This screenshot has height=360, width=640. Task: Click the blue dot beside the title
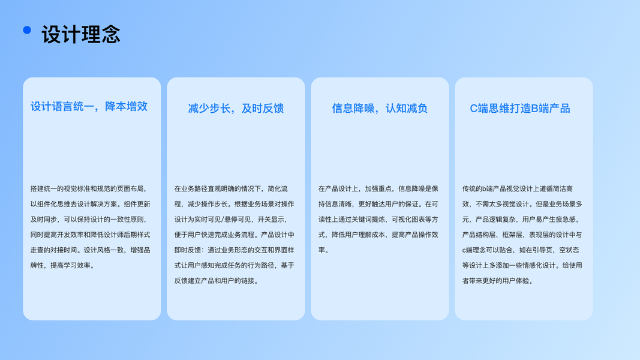[x=27, y=30]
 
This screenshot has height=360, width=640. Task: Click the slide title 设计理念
[x=81, y=34]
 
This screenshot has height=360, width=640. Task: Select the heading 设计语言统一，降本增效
[x=89, y=107]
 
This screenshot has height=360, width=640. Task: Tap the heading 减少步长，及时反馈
[x=236, y=108]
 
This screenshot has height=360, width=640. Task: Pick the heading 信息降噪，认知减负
[x=380, y=108]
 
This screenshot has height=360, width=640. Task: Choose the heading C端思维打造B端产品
[x=519, y=108]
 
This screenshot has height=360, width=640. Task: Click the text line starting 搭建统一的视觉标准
[x=88, y=188]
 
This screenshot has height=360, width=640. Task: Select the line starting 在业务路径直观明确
[x=231, y=188]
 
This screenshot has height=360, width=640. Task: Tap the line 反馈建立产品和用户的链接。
[x=217, y=281]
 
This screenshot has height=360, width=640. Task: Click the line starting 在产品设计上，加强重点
[x=378, y=188]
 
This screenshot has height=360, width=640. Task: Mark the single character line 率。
[x=324, y=250]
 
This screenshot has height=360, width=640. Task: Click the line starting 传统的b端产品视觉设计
[x=518, y=188]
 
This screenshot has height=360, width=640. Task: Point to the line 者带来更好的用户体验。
[x=498, y=281]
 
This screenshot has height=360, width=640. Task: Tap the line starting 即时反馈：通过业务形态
[x=235, y=250]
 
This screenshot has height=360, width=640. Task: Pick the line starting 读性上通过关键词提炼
[x=378, y=220]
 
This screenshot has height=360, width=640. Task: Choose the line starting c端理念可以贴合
[x=521, y=250]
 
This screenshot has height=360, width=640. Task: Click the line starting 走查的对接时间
[x=90, y=250]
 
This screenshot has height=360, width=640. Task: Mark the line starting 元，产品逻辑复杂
[x=522, y=220]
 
